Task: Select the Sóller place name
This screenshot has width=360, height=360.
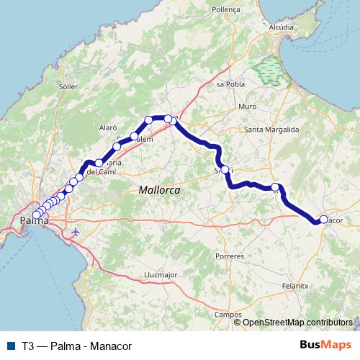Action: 68,86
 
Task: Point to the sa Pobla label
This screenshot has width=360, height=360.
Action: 227,84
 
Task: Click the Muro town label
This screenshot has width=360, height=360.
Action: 247,107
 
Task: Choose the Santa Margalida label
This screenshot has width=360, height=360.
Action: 271,130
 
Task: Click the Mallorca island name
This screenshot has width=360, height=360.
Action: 158,189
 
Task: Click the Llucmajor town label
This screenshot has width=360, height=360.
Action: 161,274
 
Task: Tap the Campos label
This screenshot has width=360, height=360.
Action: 228,315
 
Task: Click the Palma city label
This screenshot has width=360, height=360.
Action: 34,219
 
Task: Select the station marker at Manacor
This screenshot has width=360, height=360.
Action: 323,219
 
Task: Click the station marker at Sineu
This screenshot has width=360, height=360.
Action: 225,170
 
